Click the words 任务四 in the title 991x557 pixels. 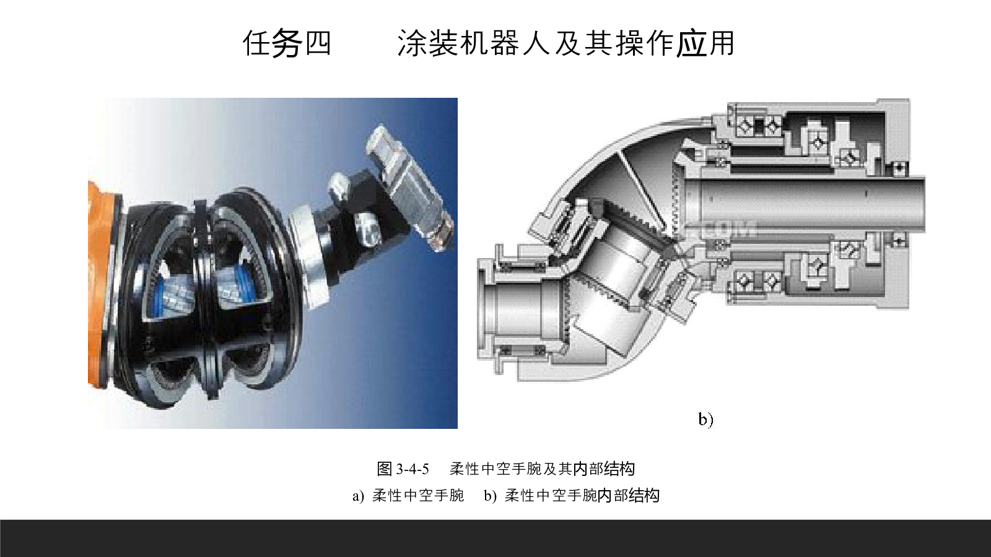287,43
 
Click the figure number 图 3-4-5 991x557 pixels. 403,468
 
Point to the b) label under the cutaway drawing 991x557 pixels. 705,419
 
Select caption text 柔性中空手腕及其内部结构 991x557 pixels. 542,468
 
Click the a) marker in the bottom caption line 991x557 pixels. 358,496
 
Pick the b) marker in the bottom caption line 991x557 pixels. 490,496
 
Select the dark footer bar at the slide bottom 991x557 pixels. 495,538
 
